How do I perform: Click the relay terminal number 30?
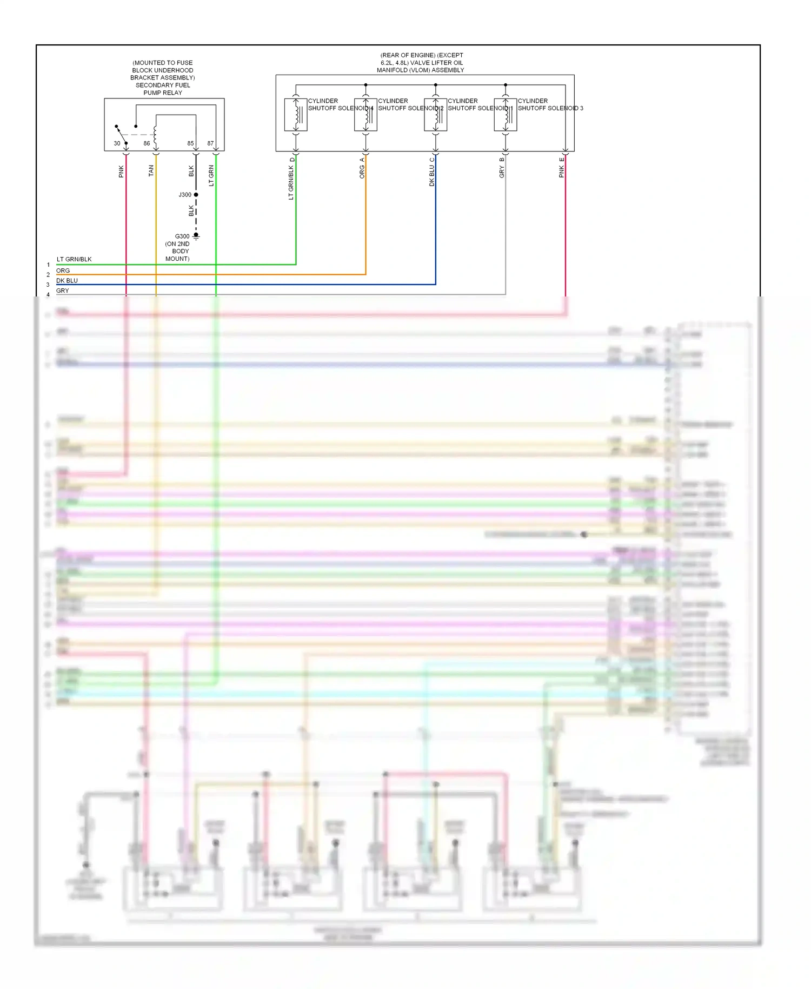point(117,143)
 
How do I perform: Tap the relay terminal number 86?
point(147,143)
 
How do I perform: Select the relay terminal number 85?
point(190,143)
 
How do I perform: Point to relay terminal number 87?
point(210,143)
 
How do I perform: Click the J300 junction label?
point(185,195)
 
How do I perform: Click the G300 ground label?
point(182,236)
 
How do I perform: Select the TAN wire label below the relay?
point(151,170)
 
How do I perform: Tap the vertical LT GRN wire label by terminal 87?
point(211,176)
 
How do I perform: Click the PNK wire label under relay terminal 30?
point(121,172)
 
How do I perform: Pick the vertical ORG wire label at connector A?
point(362,172)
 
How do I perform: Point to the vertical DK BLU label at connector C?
point(431,176)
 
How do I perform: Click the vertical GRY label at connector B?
point(502,172)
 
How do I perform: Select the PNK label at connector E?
point(561,172)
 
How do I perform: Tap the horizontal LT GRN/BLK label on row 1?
point(74,259)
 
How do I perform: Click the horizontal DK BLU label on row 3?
point(67,280)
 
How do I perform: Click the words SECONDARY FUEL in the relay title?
point(163,85)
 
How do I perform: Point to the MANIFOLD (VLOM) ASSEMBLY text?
point(420,70)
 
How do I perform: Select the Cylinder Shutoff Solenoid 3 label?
point(550,104)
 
